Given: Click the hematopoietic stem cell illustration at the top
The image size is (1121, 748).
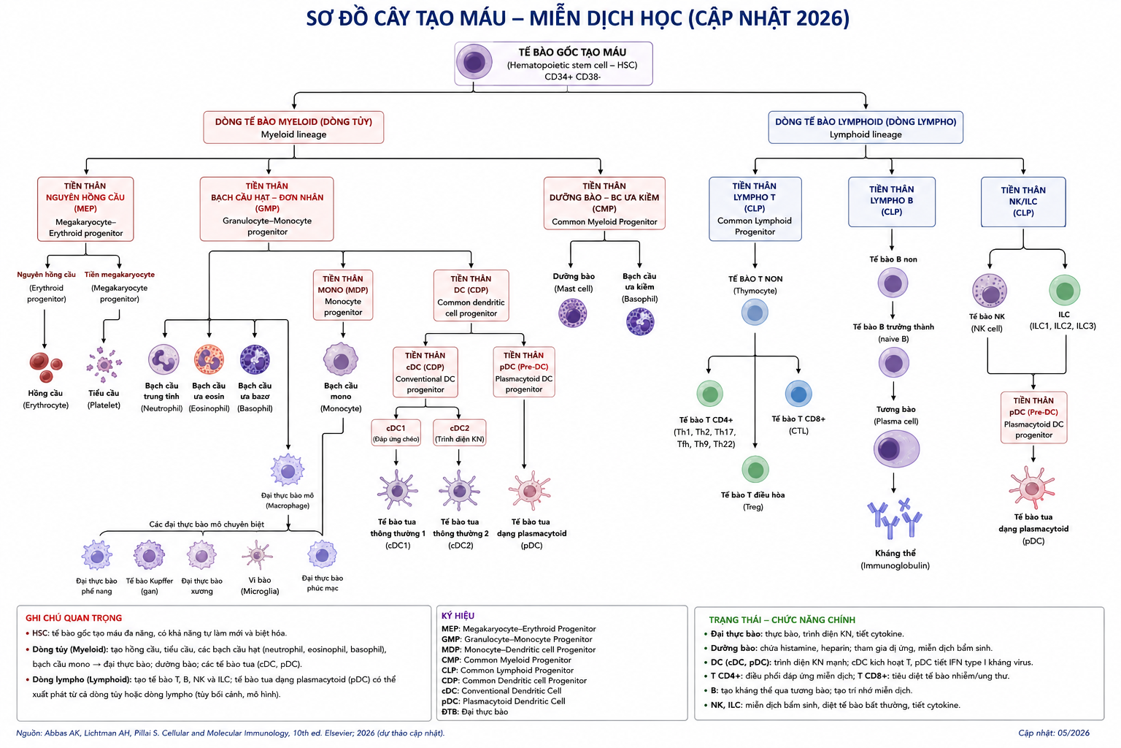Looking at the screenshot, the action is pyautogui.click(x=474, y=62).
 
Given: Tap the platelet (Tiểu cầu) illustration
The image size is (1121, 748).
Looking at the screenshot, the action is pyautogui.click(x=104, y=364).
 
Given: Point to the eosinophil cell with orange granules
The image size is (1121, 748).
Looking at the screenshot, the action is pyautogui.click(x=209, y=359).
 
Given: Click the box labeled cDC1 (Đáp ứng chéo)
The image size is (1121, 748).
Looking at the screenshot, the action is pyautogui.click(x=396, y=433).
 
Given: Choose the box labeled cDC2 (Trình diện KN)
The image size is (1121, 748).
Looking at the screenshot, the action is pyautogui.click(x=459, y=433).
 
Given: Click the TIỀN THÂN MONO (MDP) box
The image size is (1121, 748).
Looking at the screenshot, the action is pyautogui.click(x=343, y=295).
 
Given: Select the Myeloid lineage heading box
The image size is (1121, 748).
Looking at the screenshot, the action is pyautogui.click(x=294, y=128).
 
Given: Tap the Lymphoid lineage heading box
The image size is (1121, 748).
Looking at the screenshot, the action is pyautogui.click(x=866, y=128).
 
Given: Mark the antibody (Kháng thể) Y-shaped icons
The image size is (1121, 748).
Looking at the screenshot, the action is pyautogui.click(x=894, y=519).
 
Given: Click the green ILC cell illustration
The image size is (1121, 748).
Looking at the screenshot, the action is pyautogui.click(x=1065, y=290).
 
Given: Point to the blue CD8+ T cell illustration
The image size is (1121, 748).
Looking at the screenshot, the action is pyautogui.click(x=798, y=394).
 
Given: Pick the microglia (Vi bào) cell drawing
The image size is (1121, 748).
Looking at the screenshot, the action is pyautogui.click(x=257, y=554).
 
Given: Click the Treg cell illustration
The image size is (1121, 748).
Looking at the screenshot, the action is pyautogui.click(x=755, y=470).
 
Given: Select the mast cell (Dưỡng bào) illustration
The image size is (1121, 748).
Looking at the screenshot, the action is pyautogui.click(x=572, y=313).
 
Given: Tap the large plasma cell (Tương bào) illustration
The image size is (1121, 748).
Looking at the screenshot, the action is pyautogui.click(x=895, y=449).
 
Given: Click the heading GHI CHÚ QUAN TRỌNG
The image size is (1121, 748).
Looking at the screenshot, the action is pyautogui.click(x=74, y=618).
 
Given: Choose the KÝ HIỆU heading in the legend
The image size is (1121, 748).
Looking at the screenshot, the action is pyautogui.click(x=458, y=616).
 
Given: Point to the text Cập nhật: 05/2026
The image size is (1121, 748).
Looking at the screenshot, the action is pyautogui.click(x=1054, y=733).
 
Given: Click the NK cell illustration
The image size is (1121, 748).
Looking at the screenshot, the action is pyautogui.click(x=990, y=291).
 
